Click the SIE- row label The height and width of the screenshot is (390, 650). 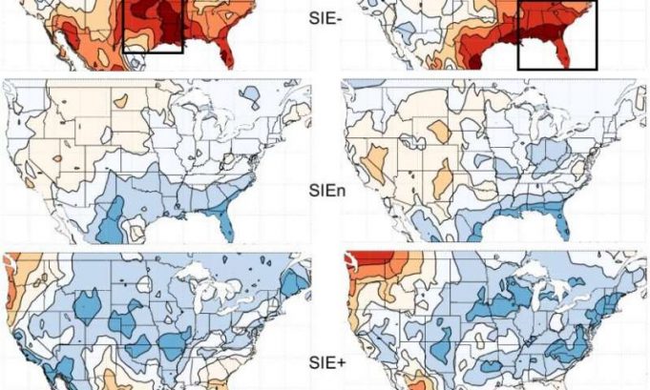325,17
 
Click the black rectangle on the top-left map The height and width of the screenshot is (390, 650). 153,26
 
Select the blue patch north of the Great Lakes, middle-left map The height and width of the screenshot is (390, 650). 251,95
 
